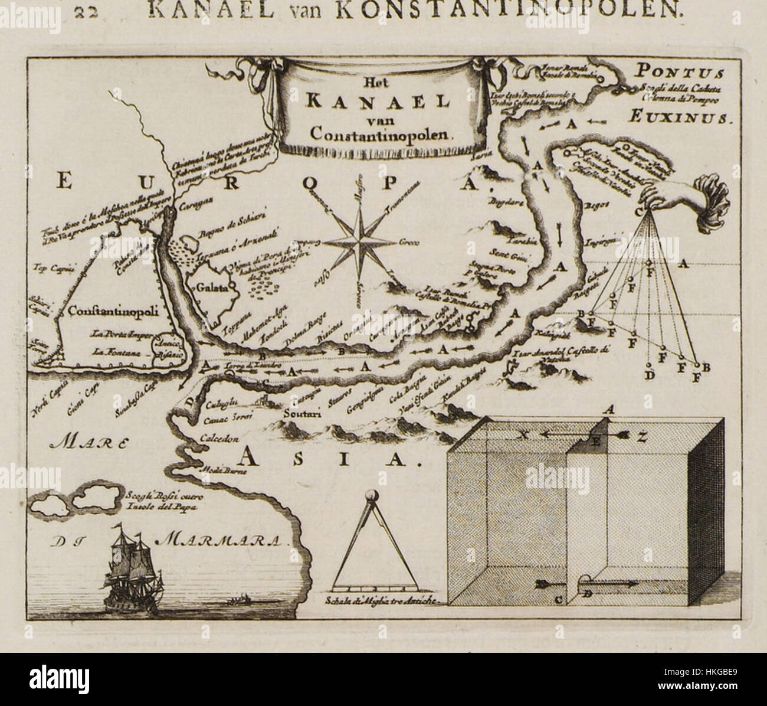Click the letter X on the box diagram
point(523,435)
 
